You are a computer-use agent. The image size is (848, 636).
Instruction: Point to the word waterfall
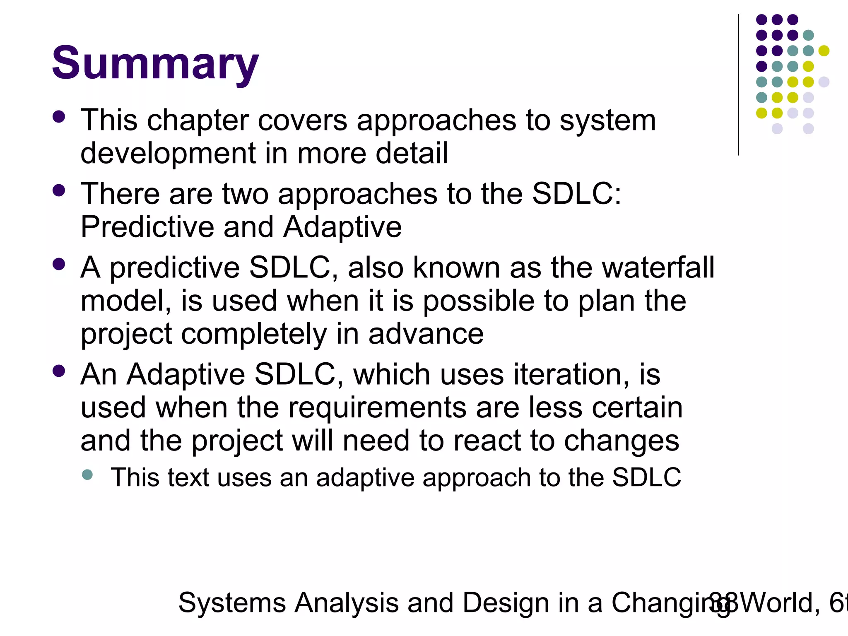(x=658, y=267)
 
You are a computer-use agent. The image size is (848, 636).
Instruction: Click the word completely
(x=254, y=334)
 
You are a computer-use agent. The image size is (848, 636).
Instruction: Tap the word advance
(x=426, y=334)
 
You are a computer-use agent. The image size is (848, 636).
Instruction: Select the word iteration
(x=571, y=374)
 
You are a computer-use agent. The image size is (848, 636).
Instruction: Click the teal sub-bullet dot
(x=87, y=475)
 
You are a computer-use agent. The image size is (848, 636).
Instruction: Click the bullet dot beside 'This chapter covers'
(x=59, y=117)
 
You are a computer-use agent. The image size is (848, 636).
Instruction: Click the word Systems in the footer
(x=232, y=603)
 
